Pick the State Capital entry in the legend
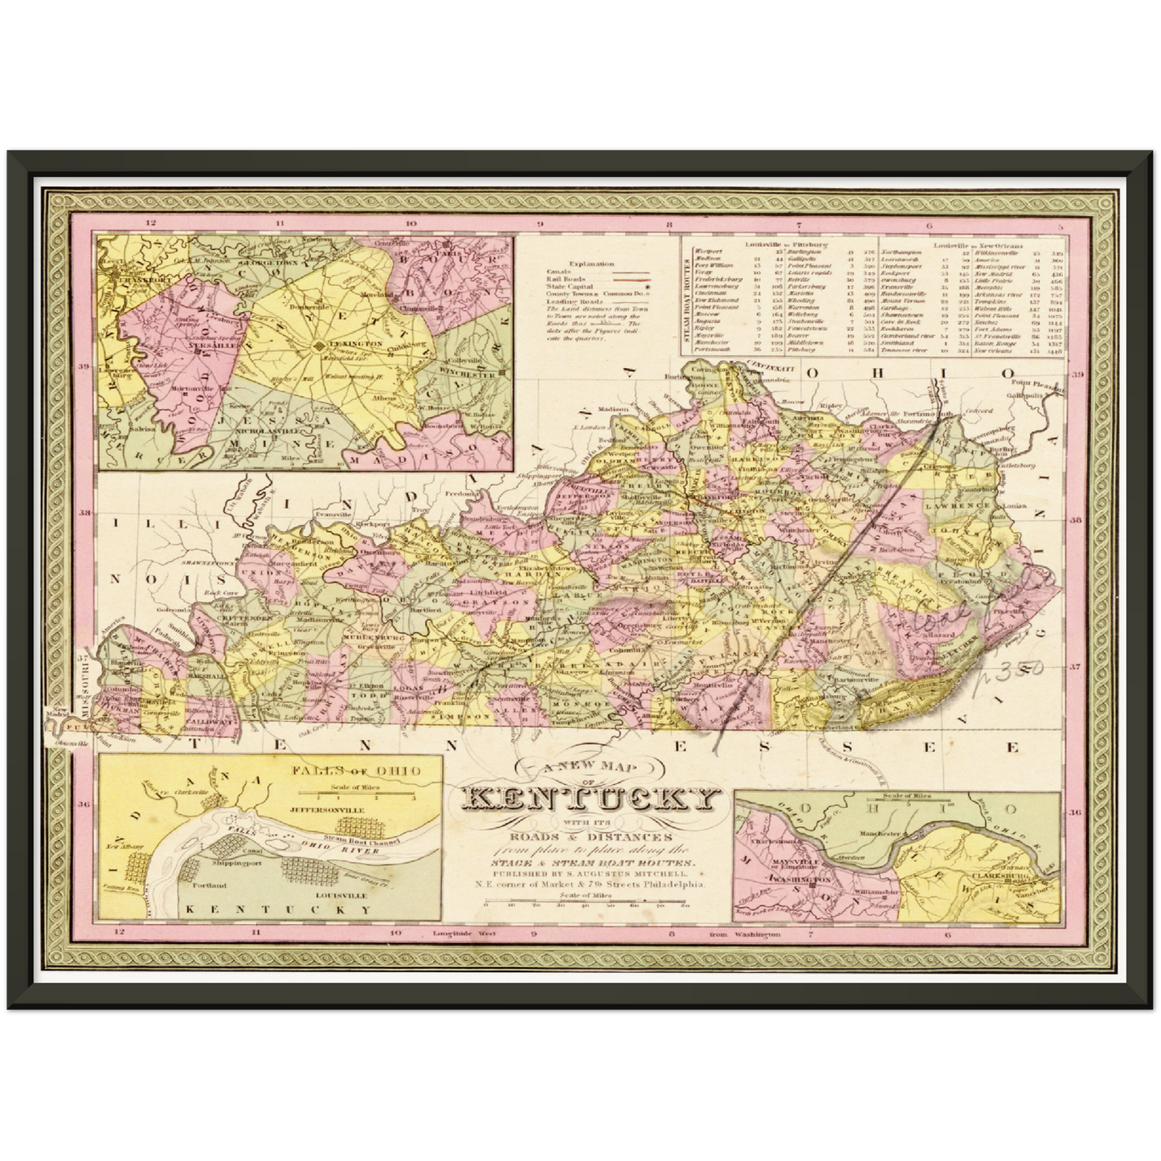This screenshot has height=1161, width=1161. pyautogui.click(x=570, y=286)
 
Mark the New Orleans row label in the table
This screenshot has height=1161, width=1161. pyautogui.click(x=995, y=350)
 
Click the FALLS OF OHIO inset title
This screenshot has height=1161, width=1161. pyautogui.click(x=356, y=771)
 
